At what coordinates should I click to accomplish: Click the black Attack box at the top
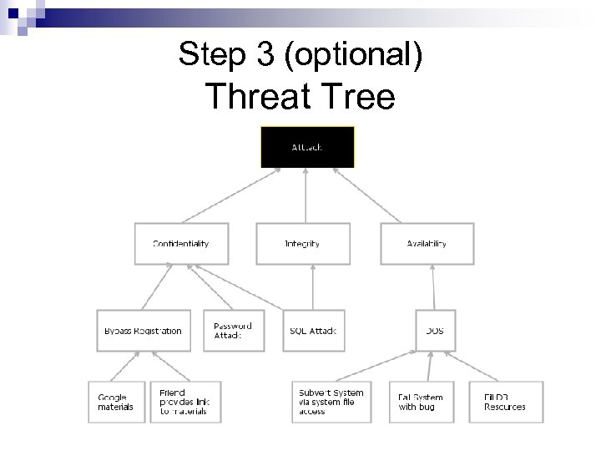[308, 147]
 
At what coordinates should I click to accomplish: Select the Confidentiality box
[181, 244]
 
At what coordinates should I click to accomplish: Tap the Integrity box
[302, 244]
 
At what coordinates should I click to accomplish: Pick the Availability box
[427, 244]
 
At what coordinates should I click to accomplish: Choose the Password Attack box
[233, 331]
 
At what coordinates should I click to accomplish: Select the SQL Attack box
[313, 331]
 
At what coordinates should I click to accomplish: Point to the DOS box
[435, 331]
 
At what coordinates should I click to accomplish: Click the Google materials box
[116, 402]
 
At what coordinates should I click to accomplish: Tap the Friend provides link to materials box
[184, 402]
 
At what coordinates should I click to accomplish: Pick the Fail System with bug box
[422, 402]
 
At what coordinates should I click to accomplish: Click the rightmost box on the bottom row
[506, 402]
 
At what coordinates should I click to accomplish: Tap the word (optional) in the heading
[353, 55]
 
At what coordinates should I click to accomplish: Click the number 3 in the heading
[265, 55]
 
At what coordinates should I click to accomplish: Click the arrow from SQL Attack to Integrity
[312, 288]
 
